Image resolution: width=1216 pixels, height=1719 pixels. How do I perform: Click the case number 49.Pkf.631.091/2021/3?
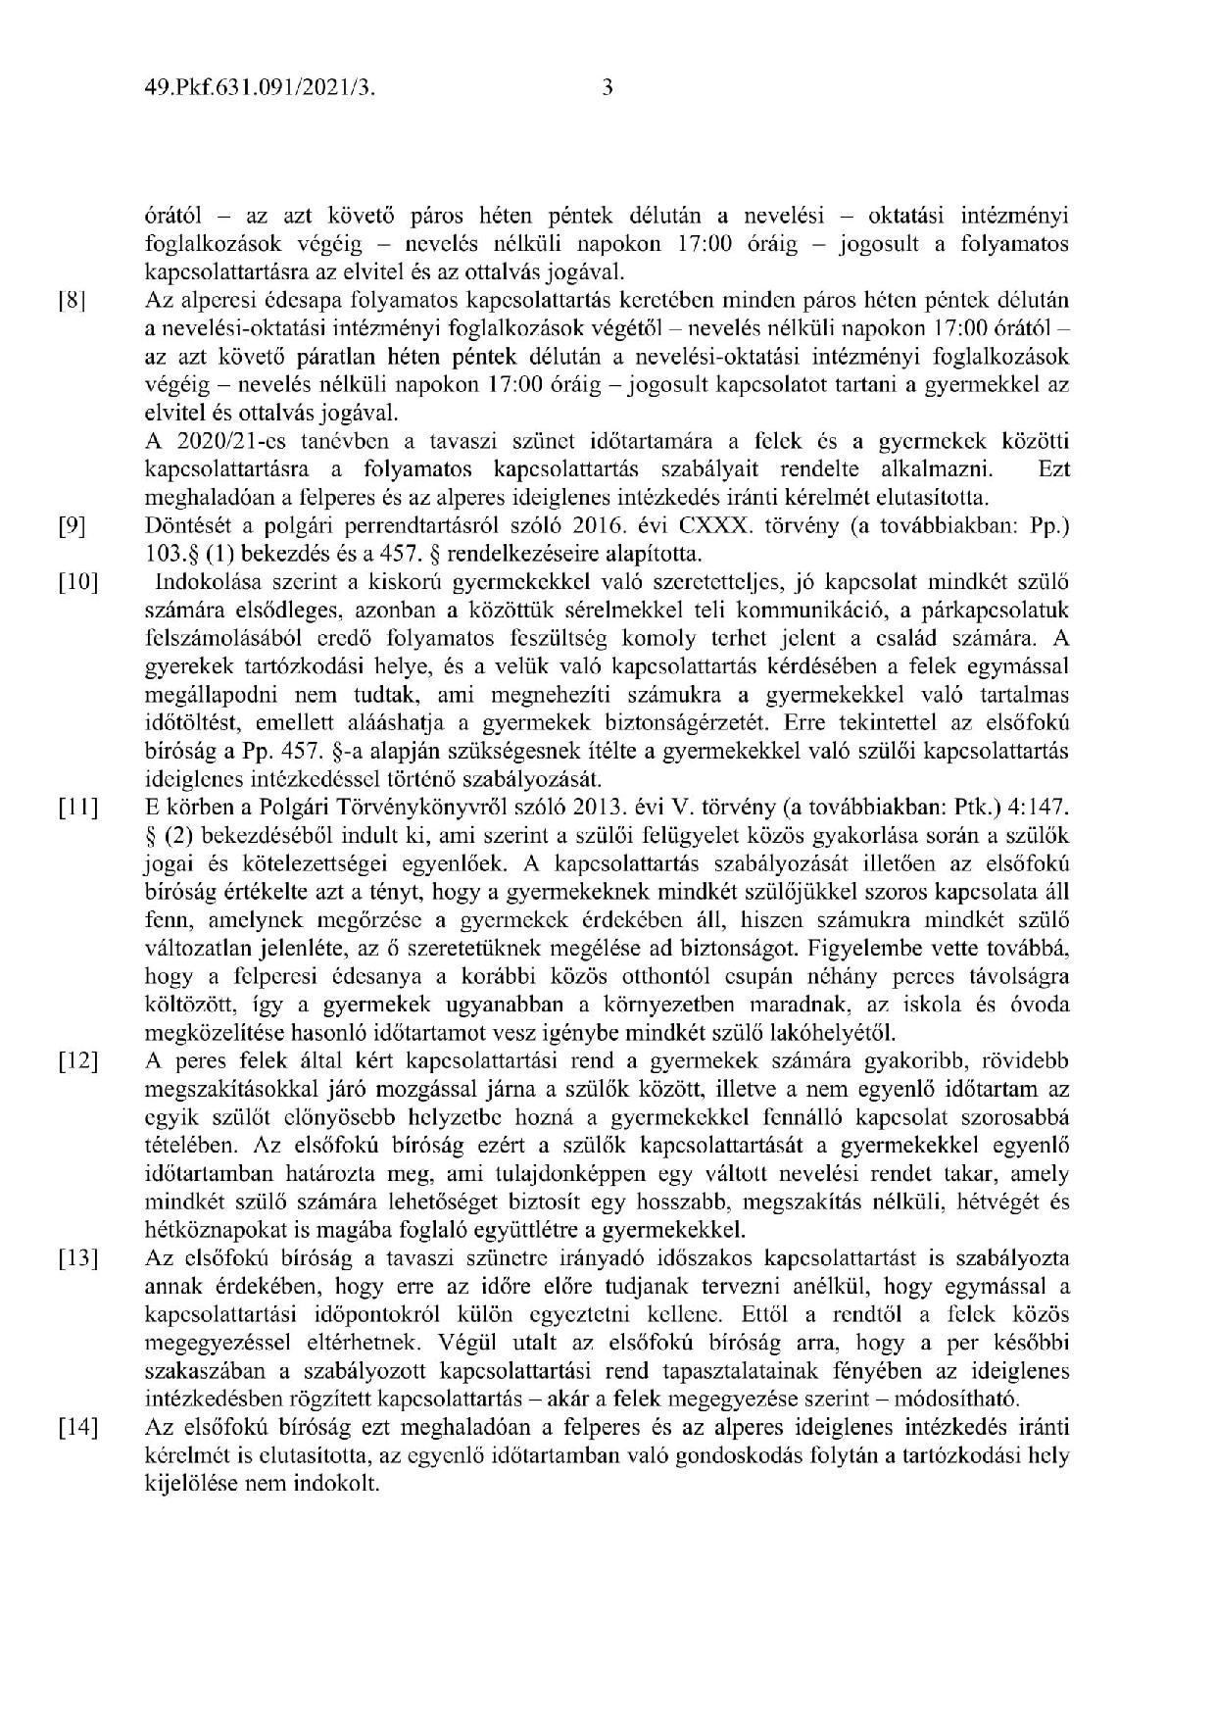pos(260,89)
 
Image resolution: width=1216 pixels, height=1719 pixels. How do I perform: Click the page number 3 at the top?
pos(608,89)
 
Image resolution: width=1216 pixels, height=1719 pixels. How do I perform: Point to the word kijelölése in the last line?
pos(188,1483)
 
